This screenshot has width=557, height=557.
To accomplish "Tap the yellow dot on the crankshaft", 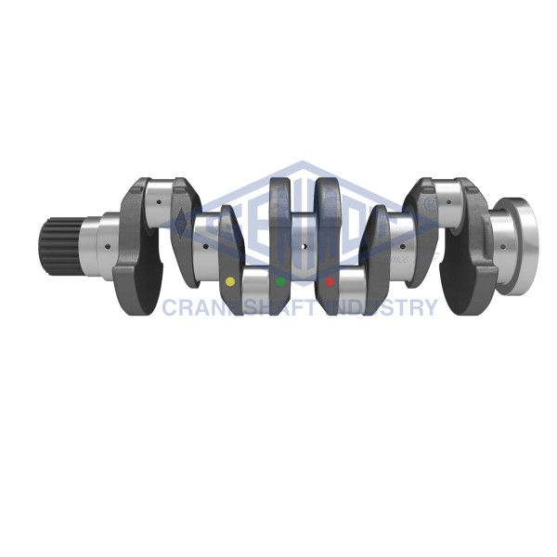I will point(230,280).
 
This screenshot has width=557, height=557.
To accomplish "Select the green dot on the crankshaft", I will point(279,280).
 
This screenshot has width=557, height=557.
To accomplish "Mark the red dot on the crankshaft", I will point(330,280).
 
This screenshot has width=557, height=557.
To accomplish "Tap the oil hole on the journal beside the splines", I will point(107,245).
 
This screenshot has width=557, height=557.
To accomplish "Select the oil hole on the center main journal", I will point(305,246).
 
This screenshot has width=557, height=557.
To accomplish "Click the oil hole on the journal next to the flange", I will point(502,246).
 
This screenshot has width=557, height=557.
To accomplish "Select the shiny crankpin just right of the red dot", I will point(353,281).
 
